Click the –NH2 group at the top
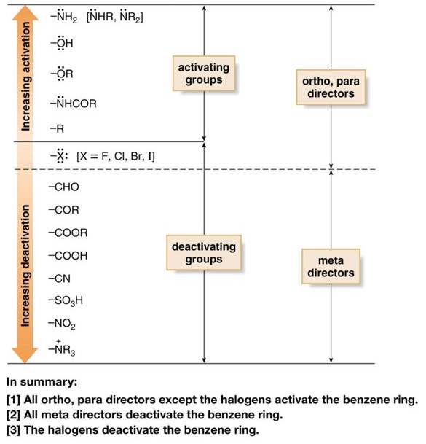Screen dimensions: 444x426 point(66,17)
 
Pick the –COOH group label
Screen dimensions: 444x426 point(67,256)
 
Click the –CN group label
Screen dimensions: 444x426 point(60,279)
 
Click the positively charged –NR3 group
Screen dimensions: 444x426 point(61,349)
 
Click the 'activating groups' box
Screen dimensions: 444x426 point(203,74)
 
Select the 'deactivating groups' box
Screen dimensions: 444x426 point(203,253)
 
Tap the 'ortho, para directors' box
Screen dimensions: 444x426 point(331,87)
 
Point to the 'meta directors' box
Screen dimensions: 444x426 point(331,267)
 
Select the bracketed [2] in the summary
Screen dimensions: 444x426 point(13,415)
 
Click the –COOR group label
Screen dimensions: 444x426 point(67,233)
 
